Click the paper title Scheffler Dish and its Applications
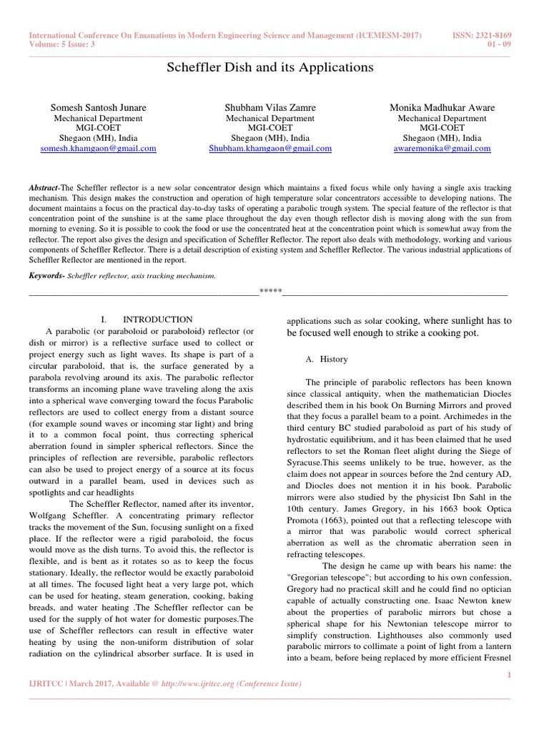click(x=270, y=67)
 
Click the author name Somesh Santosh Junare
click(x=99, y=107)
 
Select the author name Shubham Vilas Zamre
click(x=270, y=107)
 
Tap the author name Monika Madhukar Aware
click(x=442, y=107)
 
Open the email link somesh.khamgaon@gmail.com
click(x=99, y=149)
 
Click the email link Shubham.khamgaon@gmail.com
click(x=270, y=149)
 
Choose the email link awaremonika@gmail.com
click(x=442, y=149)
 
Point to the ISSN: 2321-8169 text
click(x=483, y=36)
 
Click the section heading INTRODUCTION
click(x=157, y=319)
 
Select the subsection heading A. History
click(x=324, y=358)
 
